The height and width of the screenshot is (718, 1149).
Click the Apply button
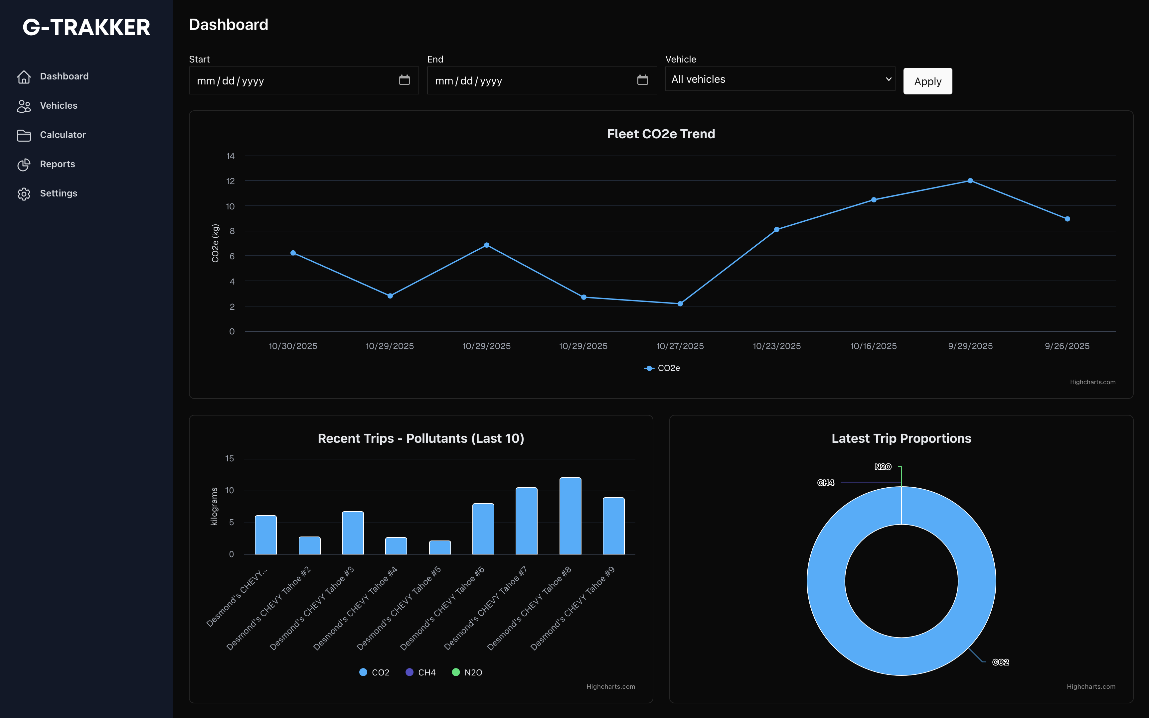coord(927,81)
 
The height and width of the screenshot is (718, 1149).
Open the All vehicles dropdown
coord(780,79)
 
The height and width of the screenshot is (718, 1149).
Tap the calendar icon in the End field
coord(642,80)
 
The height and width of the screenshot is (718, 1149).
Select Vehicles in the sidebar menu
coord(59,105)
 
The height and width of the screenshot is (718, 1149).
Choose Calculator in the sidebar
coord(63,135)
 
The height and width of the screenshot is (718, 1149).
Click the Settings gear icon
coord(24,194)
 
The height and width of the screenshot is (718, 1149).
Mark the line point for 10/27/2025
coord(680,304)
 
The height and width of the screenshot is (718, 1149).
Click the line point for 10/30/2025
coord(293,253)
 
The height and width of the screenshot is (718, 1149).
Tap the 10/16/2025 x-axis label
coord(873,346)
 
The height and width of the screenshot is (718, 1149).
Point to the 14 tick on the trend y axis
coord(231,156)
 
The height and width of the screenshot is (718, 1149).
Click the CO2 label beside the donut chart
coord(1000,662)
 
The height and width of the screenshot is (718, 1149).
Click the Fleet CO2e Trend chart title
coord(661,134)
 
